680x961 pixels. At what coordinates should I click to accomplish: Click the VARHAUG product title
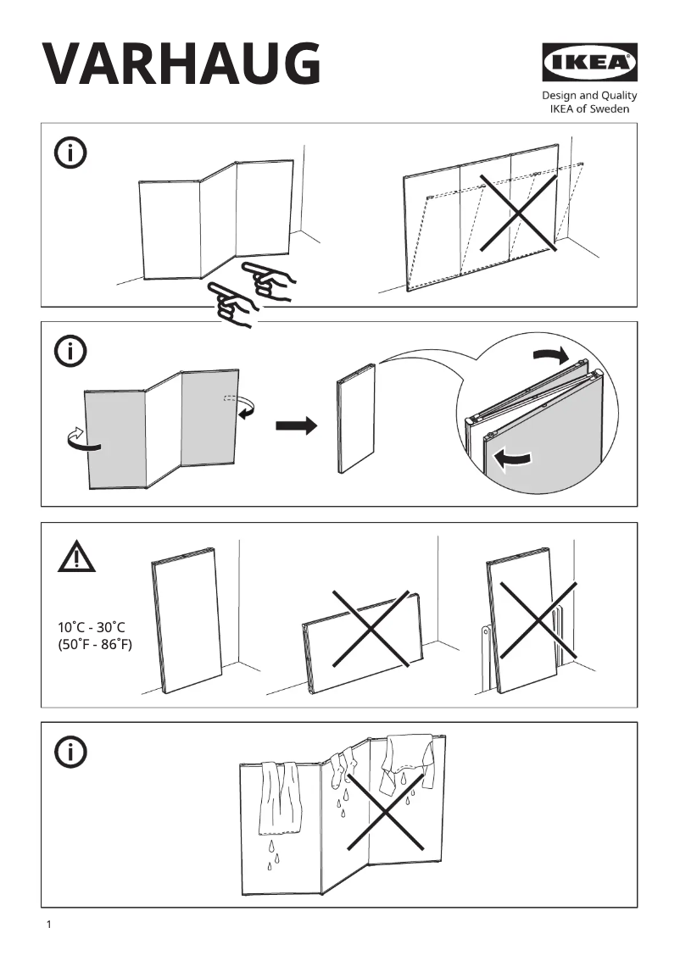[181, 64]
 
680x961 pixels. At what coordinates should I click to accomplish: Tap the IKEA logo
[589, 64]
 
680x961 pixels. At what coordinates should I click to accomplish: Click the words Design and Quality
[589, 96]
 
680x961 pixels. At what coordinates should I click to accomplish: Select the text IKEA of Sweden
[589, 109]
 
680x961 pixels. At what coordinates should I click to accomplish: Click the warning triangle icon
[77, 557]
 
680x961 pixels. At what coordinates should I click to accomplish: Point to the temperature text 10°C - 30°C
[92, 627]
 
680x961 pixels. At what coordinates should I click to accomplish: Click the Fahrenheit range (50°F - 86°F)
[95, 644]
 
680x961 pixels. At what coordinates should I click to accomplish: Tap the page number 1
[49, 925]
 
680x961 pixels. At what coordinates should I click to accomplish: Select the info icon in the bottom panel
[70, 751]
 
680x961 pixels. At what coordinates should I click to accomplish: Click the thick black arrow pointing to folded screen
[296, 425]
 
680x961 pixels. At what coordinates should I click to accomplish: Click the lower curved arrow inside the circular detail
[513, 459]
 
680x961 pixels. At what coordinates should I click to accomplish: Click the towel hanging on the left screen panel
[280, 797]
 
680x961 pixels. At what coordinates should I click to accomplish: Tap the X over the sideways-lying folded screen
[371, 628]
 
